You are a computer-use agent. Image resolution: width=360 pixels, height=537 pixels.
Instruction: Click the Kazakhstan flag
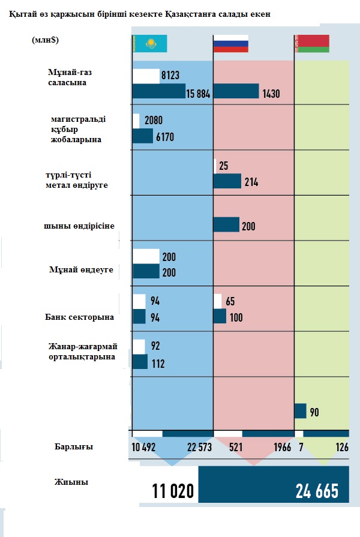[x=150, y=44]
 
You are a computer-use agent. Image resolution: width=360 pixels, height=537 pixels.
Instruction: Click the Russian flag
[x=231, y=44]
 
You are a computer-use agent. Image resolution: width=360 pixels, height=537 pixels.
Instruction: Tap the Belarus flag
[x=311, y=44]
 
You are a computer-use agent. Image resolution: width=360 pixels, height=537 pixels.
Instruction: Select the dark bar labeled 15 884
[x=159, y=91]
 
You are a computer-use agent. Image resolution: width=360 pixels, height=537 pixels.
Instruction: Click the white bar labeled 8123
[x=146, y=76]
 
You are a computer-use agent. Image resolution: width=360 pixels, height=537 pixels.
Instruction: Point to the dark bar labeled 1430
[x=236, y=91]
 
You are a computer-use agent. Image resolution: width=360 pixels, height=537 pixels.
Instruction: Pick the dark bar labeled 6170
[x=143, y=136]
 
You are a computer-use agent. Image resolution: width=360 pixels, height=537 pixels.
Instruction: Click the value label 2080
[x=154, y=121]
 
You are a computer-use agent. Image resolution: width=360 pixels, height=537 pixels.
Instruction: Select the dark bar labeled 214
[x=227, y=181]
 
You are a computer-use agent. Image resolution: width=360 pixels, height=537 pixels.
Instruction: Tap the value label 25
[x=223, y=166]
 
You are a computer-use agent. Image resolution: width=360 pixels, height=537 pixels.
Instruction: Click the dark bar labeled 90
[x=301, y=411]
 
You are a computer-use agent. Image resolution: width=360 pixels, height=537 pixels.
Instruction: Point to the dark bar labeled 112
[x=140, y=362]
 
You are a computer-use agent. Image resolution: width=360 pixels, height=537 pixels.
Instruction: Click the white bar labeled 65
[x=218, y=301]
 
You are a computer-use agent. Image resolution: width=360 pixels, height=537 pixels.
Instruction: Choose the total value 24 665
[x=317, y=491]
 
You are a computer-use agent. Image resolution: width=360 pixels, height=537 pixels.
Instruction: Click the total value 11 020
[x=173, y=492]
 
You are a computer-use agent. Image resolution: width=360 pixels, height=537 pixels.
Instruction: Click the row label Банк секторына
[x=80, y=317]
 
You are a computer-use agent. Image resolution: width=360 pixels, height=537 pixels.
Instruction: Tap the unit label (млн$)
[x=49, y=40]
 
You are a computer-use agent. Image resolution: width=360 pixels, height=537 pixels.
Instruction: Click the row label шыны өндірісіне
[x=79, y=226]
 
